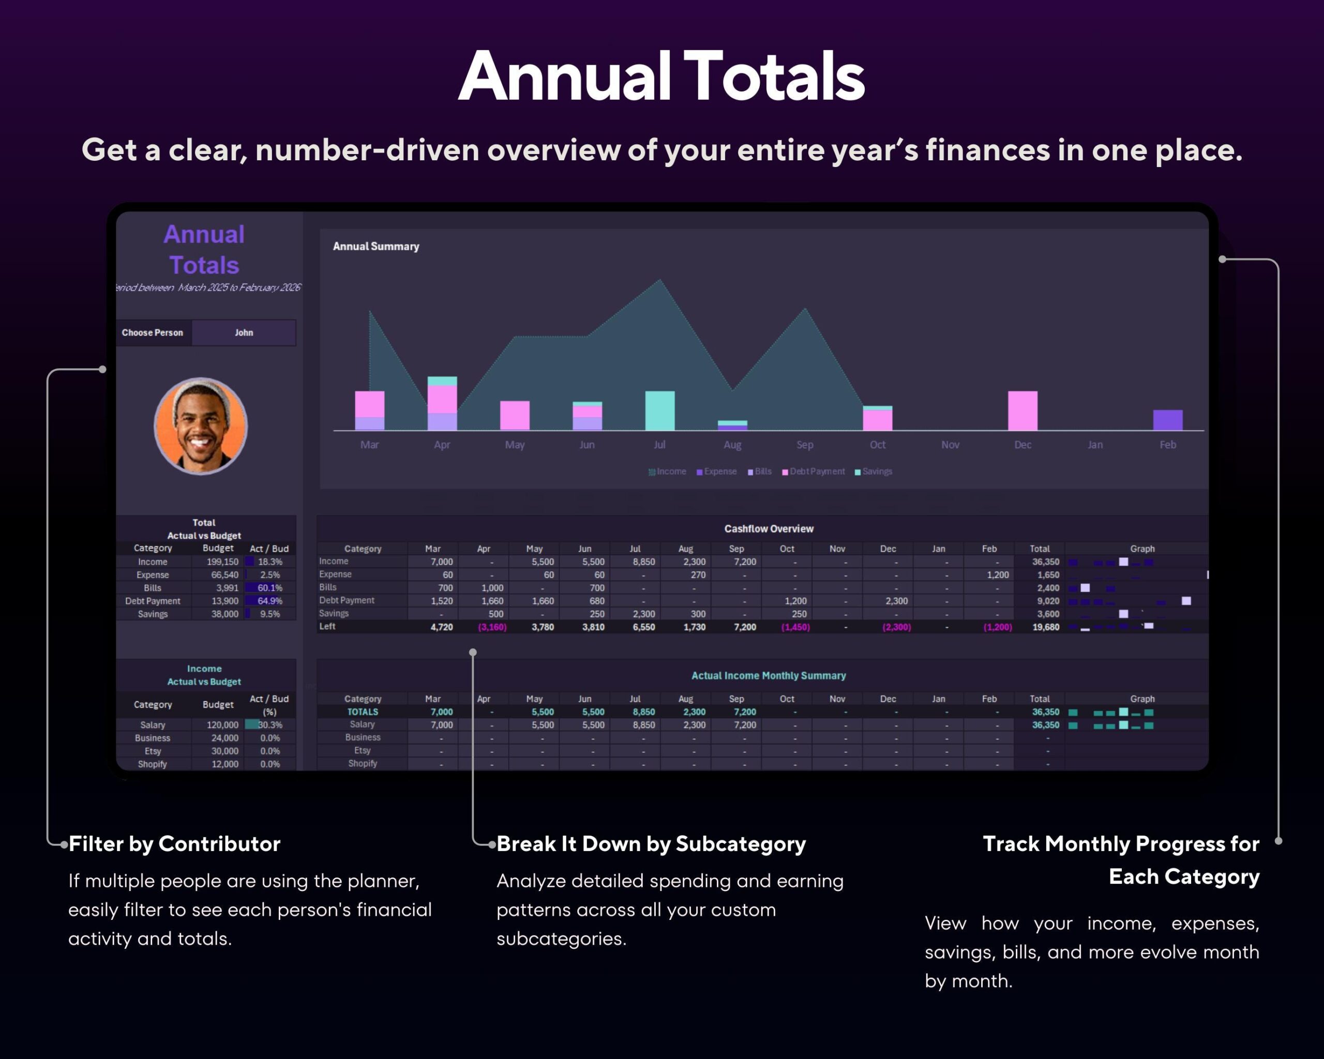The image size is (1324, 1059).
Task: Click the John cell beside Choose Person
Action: tap(244, 332)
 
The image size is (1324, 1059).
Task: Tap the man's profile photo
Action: tap(200, 426)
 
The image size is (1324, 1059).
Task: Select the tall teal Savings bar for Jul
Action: tap(659, 410)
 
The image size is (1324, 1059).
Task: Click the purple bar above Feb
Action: tap(1167, 420)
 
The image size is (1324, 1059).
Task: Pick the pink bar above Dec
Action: tap(1022, 410)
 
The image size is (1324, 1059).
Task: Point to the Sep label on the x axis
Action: tap(804, 445)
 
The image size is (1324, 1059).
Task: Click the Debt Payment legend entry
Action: tap(816, 472)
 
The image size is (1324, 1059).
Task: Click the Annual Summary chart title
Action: tap(376, 246)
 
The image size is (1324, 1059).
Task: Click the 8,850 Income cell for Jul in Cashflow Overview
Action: tap(643, 562)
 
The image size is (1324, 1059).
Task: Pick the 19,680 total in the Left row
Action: tap(1045, 627)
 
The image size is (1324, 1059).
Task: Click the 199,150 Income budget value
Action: tap(222, 562)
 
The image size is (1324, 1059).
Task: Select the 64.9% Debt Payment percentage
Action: tap(269, 601)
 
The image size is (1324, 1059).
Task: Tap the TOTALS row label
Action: tap(363, 712)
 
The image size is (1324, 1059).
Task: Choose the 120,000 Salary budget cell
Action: tap(222, 725)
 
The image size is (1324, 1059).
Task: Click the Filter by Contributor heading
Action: tap(174, 843)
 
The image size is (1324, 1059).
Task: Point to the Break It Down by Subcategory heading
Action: tap(651, 843)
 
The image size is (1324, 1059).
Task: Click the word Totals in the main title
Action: tap(774, 77)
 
